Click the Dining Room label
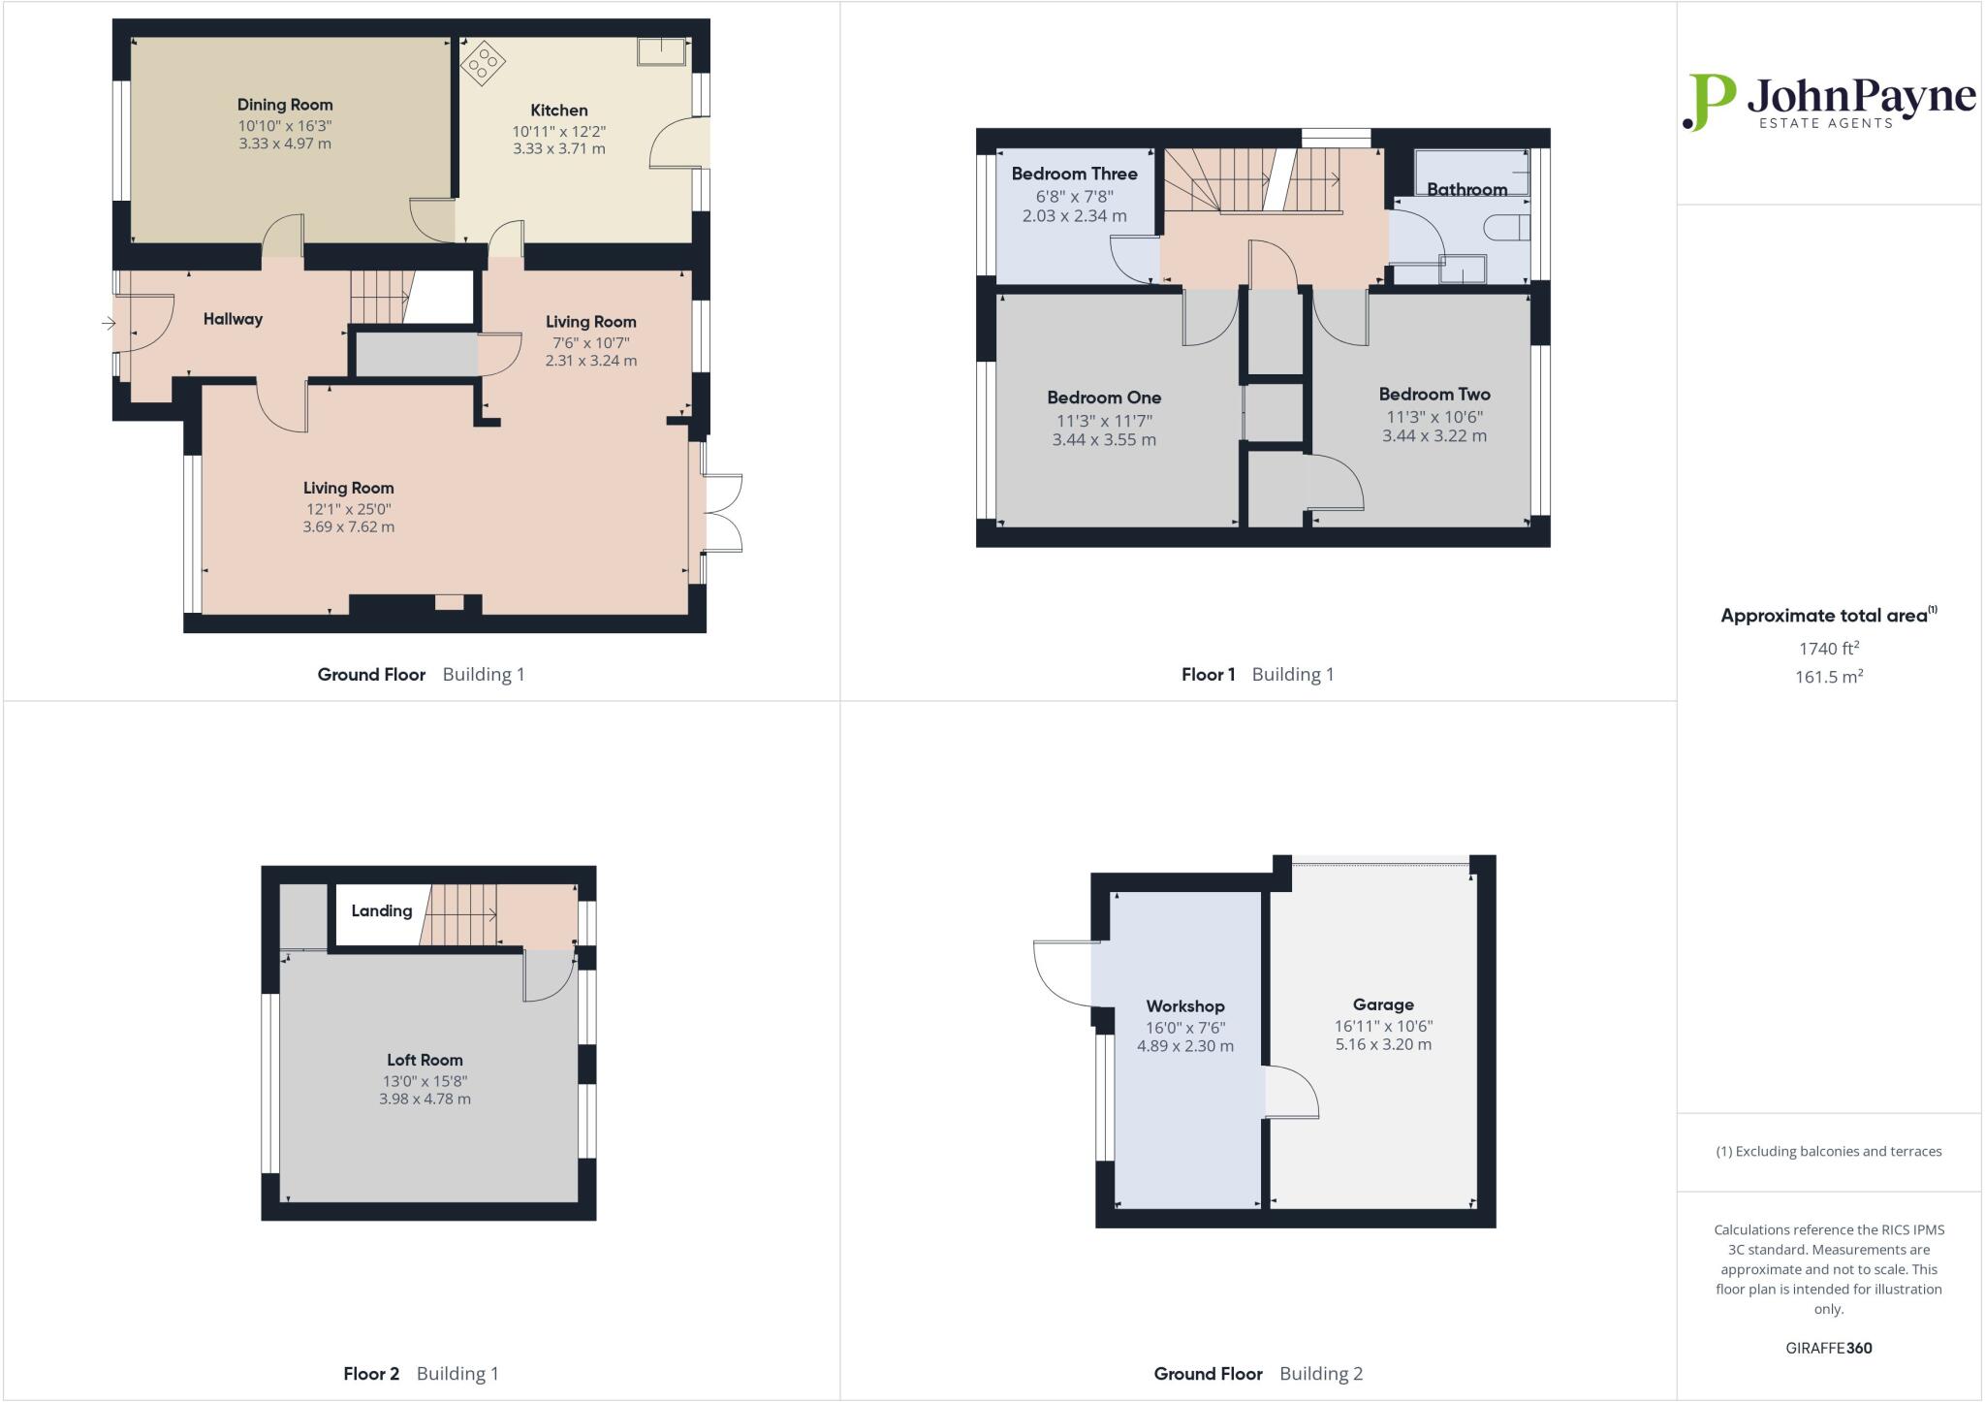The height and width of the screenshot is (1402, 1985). click(x=285, y=105)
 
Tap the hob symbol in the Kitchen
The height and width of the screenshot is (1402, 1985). click(x=482, y=64)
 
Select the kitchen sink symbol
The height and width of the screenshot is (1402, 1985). click(x=662, y=51)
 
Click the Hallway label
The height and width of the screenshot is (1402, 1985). click(x=233, y=319)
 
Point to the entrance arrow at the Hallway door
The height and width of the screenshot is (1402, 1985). click(x=108, y=323)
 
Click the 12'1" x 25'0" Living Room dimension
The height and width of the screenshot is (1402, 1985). click(x=348, y=509)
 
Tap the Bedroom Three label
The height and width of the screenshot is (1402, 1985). click(x=1074, y=175)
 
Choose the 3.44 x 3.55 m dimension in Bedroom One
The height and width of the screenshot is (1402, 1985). click(x=1104, y=440)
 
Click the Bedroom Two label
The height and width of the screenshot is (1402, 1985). click(x=1434, y=395)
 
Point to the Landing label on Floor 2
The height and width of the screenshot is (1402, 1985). click(x=381, y=911)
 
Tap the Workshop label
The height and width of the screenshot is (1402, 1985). click(x=1184, y=1006)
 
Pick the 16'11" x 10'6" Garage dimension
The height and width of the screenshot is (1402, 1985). click(x=1383, y=1026)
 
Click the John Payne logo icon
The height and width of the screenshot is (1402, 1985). click(x=1710, y=102)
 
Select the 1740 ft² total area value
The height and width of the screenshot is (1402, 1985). click(x=1828, y=650)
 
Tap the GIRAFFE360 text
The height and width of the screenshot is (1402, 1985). click(x=1828, y=1348)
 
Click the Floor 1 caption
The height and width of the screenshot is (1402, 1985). click(x=1208, y=675)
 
